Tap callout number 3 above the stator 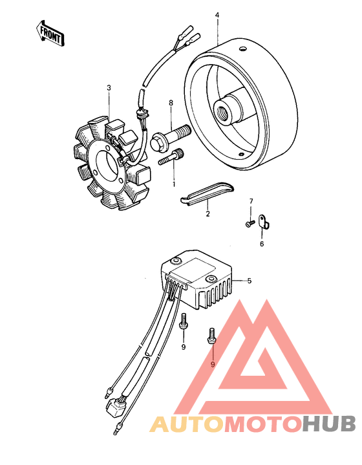pyautogui.click(x=109, y=88)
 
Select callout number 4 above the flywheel pyautogui.click(x=217, y=15)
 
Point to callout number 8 pyautogui.click(x=171, y=103)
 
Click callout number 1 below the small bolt pyautogui.click(x=174, y=184)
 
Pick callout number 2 pyautogui.click(x=208, y=213)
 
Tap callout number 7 pyautogui.click(x=251, y=202)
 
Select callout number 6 pyautogui.click(x=262, y=244)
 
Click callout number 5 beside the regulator pyautogui.click(x=250, y=281)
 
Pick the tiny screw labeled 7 pyautogui.click(x=250, y=223)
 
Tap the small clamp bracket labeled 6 pyautogui.click(x=264, y=222)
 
